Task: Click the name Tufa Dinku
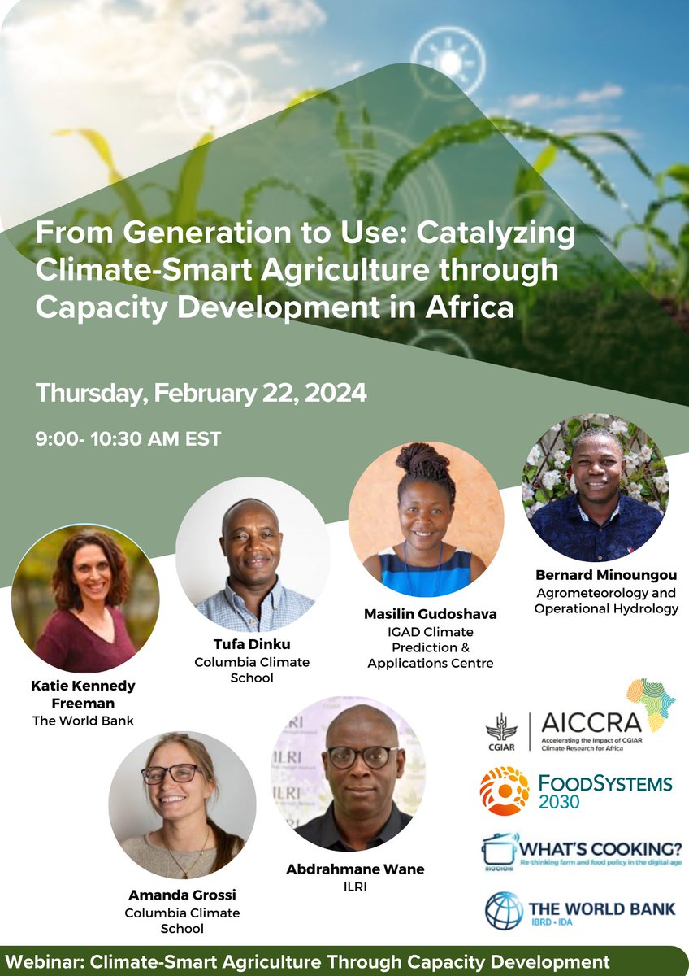point(253,645)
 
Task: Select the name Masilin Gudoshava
point(430,614)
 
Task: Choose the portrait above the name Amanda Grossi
point(182,804)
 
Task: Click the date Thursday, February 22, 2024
point(201,394)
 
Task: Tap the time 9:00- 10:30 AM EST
point(128,438)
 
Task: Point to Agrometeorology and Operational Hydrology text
point(606,600)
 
